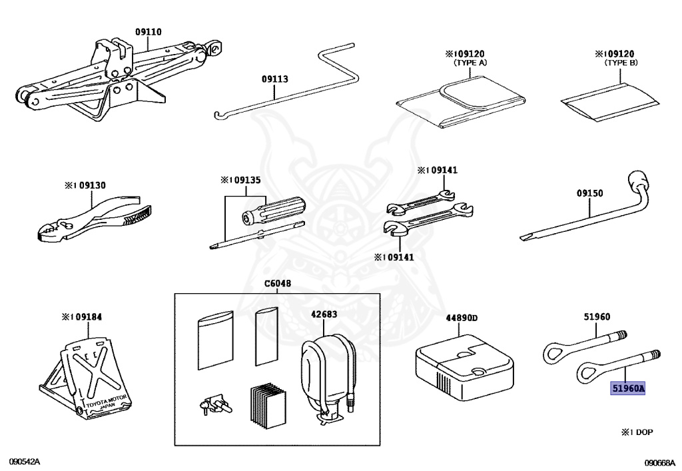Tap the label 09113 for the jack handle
click(274, 79)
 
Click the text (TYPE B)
click(621, 63)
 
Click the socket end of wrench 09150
click(637, 182)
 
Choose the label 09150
click(589, 193)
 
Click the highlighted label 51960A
click(628, 388)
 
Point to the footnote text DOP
click(643, 432)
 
